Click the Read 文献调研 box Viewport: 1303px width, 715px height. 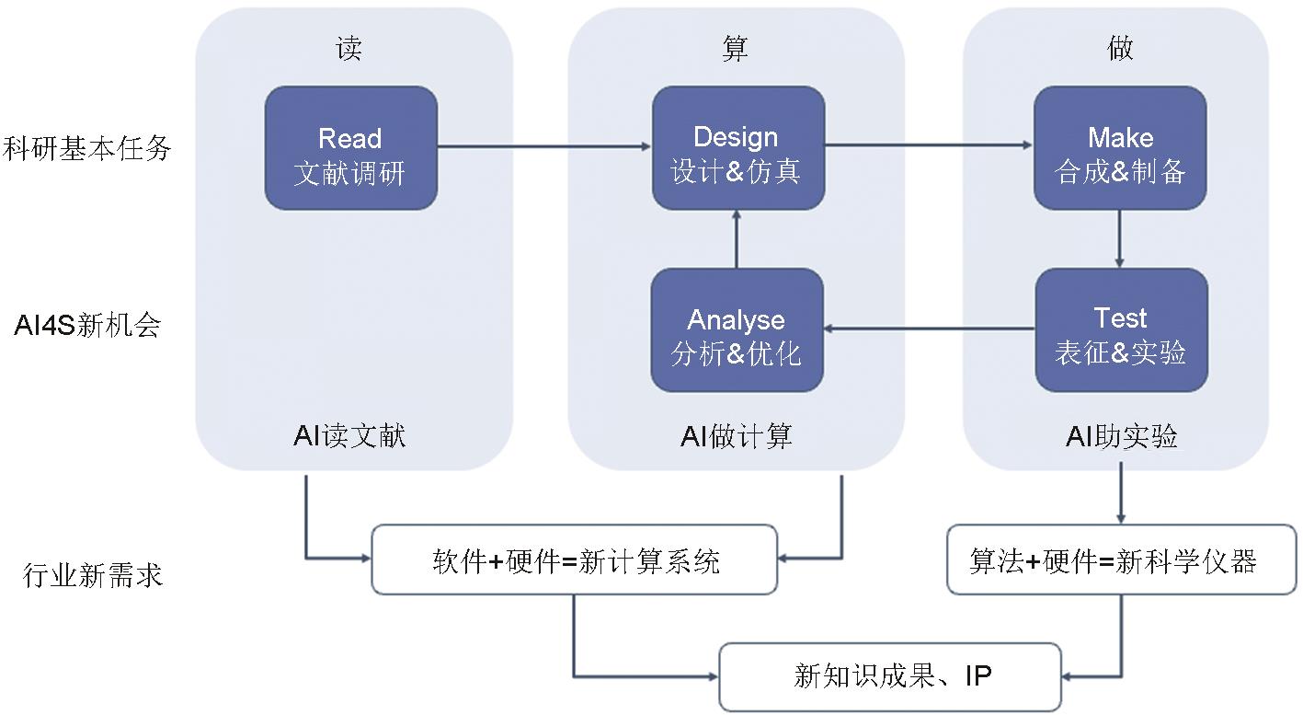click(x=350, y=148)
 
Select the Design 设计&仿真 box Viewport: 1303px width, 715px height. click(x=737, y=148)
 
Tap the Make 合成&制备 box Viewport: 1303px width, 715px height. click(x=1120, y=148)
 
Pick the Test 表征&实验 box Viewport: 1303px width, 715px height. click(x=1121, y=329)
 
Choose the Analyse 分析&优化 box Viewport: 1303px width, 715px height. click(x=737, y=329)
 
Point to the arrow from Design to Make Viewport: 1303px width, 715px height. click(x=929, y=145)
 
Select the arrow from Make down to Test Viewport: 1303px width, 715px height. click(x=1120, y=238)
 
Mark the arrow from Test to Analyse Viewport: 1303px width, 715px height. click(x=929, y=328)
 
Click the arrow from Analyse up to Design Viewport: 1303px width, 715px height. click(x=737, y=238)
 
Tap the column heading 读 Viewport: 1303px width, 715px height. click(x=349, y=49)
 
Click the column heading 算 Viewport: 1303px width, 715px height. click(x=736, y=49)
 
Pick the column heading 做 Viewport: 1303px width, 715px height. click(x=1120, y=49)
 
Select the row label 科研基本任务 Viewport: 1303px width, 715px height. click(x=88, y=148)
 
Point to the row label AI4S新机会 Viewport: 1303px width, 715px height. click(x=88, y=325)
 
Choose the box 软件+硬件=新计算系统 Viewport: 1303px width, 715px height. click(x=575, y=559)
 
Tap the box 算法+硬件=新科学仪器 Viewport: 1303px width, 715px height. click(x=1121, y=559)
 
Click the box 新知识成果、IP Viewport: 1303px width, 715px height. click(x=890, y=677)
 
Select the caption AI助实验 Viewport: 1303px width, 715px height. click(x=1121, y=436)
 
